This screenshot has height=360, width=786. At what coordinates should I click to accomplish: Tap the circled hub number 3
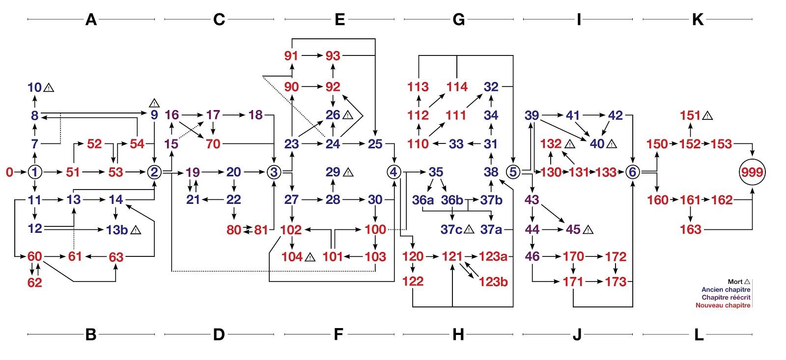coord(274,172)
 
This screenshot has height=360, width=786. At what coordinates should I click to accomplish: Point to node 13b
coord(116,229)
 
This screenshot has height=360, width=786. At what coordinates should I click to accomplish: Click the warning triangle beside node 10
coord(49,88)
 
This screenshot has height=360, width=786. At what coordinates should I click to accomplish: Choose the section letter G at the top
coord(458,19)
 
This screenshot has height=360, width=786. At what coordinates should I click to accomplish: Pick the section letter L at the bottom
coord(698,335)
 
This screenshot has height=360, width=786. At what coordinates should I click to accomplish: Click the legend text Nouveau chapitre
coord(723,305)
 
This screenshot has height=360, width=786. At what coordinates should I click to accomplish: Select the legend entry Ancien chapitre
coord(726,290)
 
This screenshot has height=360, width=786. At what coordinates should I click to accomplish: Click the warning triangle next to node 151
coord(707,116)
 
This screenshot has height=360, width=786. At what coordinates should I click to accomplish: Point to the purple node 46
coord(532,257)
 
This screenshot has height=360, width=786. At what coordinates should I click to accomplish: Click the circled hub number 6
coord(633,172)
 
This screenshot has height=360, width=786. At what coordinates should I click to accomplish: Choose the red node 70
coord(213,144)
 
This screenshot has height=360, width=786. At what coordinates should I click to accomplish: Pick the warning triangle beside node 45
coord(588,229)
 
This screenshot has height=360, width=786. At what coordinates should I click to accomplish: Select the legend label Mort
coord(735,282)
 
